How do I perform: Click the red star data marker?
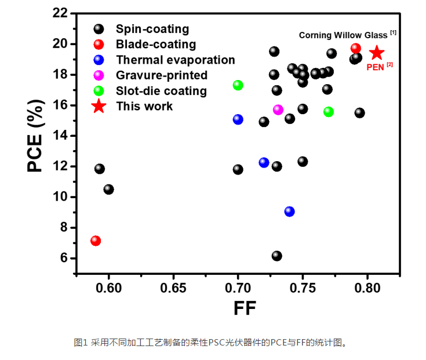click(x=377, y=53)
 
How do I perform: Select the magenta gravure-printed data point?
click(x=278, y=110)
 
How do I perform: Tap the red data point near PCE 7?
click(x=96, y=241)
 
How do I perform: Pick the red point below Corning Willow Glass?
click(x=355, y=49)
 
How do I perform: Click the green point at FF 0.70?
click(x=238, y=85)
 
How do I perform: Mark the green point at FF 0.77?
click(x=329, y=111)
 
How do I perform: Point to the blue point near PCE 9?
click(x=289, y=212)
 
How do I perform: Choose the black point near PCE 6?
click(x=276, y=256)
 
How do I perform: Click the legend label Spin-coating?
click(x=152, y=29)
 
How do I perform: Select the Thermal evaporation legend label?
click(x=175, y=60)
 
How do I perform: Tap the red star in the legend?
click(x=99, y=106)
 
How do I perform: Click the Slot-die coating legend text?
click(x=161, y=91)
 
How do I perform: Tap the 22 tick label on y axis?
click(x=60, y=13)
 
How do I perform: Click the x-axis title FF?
click(x=245, y=308)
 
